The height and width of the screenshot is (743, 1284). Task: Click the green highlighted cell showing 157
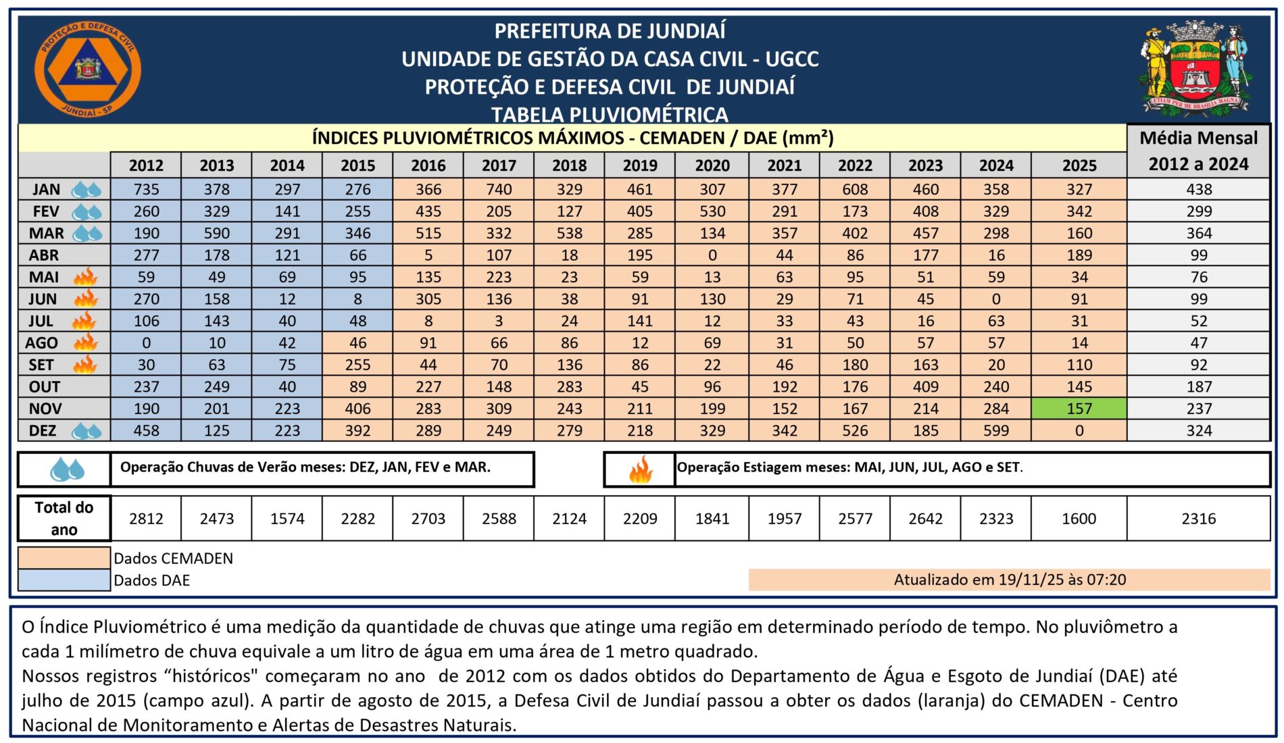click(1079, 409)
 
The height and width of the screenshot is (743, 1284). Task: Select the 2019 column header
click(639, 165)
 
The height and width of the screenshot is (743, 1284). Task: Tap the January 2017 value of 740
click(499, 190)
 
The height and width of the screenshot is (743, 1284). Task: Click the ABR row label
click(44, 255)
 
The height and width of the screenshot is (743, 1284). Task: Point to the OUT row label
click(45, 387)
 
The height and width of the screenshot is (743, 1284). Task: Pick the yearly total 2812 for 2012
click(146, 519)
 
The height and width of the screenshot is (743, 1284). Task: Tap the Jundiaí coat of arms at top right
click(1195, 69)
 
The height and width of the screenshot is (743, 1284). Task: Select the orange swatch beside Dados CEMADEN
click(64, 558)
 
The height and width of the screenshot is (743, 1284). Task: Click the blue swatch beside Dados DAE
click(64, 580)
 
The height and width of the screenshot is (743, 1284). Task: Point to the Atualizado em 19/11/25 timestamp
click(1010, 580)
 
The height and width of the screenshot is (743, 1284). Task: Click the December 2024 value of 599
click(996, 431)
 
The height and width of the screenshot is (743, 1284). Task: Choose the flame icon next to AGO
click(86, 342)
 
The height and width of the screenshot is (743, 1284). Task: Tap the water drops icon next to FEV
click(87, 212)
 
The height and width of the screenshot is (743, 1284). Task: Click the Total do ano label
click(64, 519)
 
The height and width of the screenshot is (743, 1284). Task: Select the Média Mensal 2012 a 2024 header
click(1198, 151)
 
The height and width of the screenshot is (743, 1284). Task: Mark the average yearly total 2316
click(1198, 519)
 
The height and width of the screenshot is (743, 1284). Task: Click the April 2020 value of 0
click(712, 255)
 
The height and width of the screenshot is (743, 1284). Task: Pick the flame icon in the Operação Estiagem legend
click(640, 469)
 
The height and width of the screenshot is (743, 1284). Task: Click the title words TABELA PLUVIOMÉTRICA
click(610, 114)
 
